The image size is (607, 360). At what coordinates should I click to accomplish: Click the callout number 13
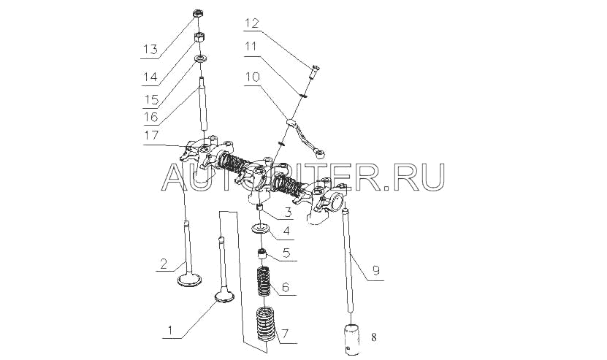tap(149, 50)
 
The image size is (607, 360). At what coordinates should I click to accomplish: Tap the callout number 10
tap(252, 75)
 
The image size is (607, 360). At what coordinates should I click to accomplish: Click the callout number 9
tap(375, 270)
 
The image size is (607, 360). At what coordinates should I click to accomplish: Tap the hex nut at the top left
tap(197, 14)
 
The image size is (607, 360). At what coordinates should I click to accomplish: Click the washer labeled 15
tap(198, 58)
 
